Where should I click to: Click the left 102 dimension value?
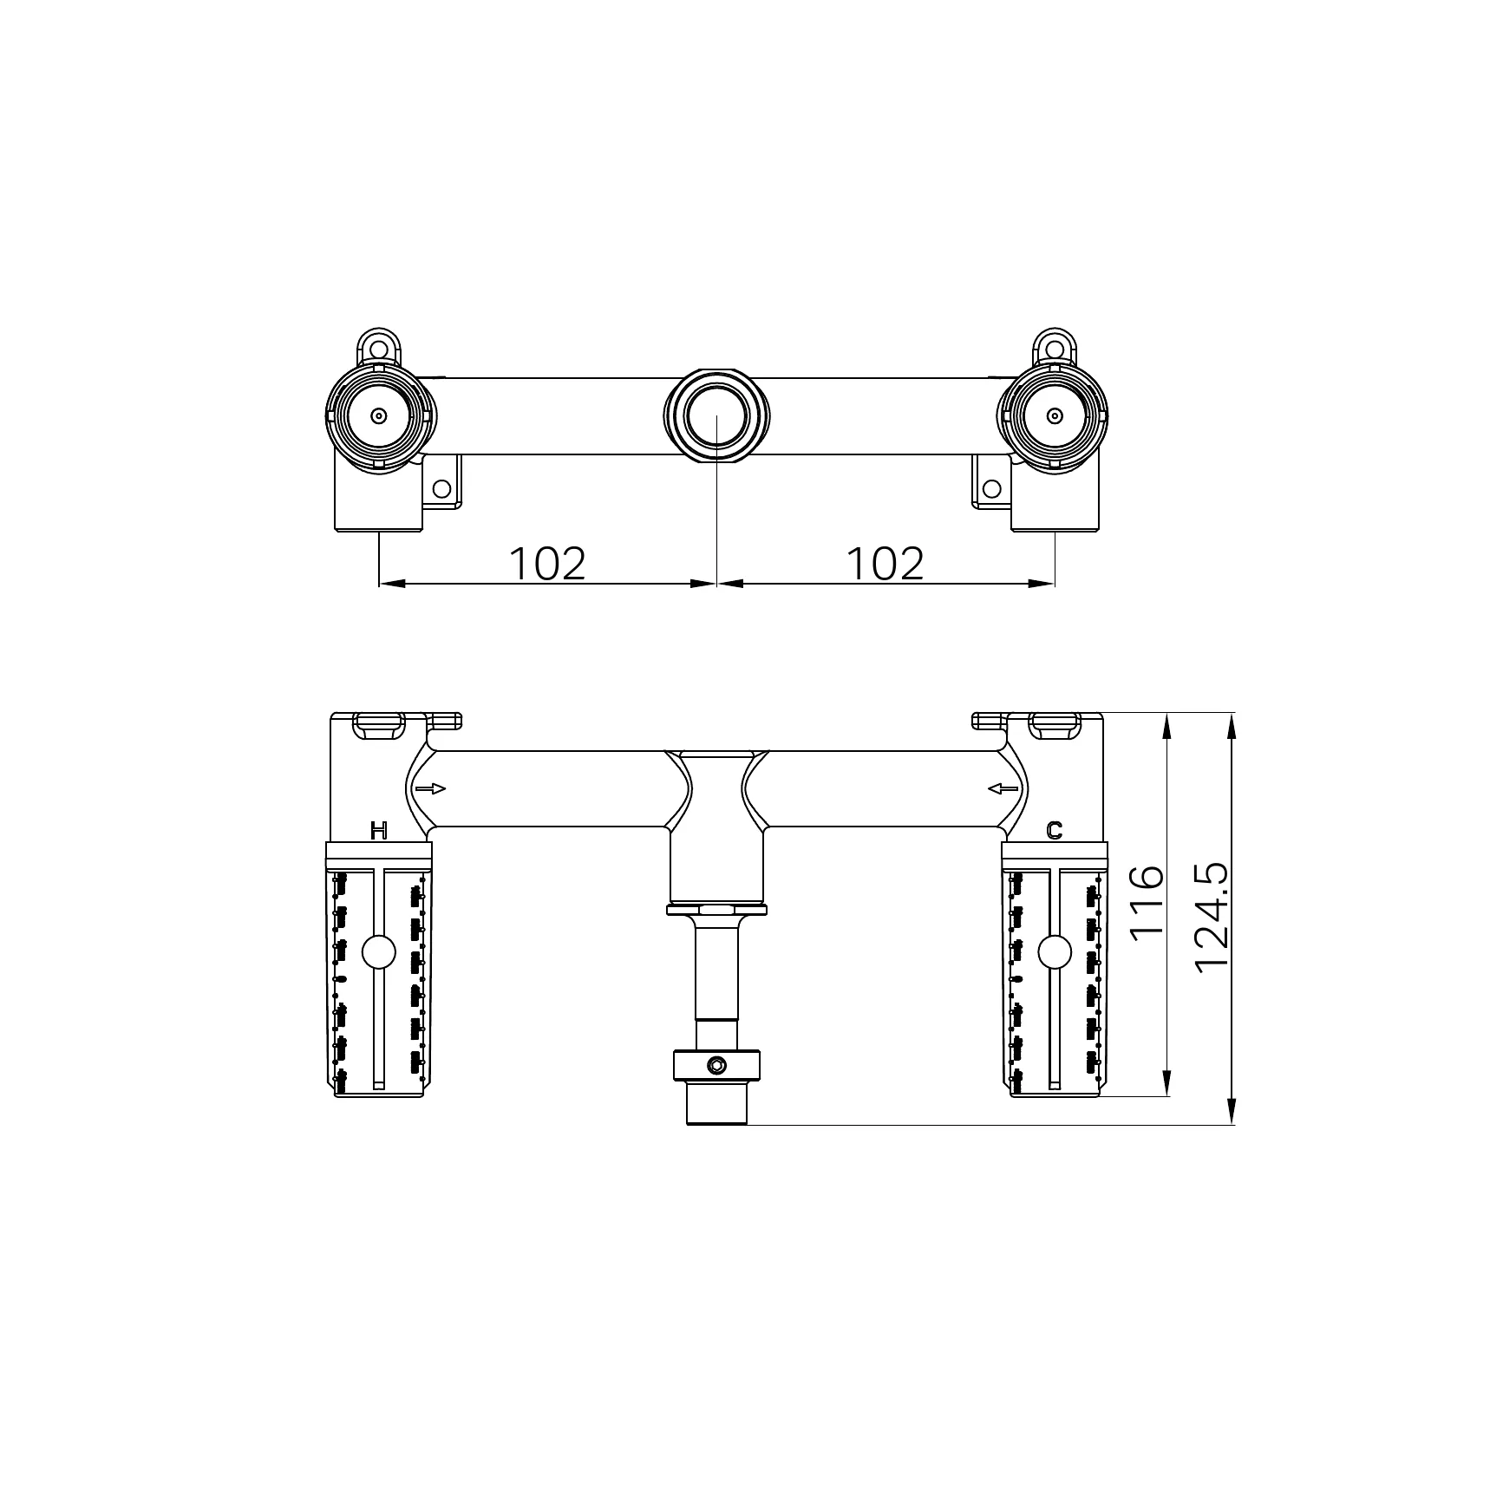[x=547, y=564]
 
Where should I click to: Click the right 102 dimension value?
[x=885, y=564]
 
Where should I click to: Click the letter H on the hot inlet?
[x=378, y=831]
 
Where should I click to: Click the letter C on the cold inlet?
[x=1054, y=831]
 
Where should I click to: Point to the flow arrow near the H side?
[x=430, y=788]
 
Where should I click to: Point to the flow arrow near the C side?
[x=1003, y=788]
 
